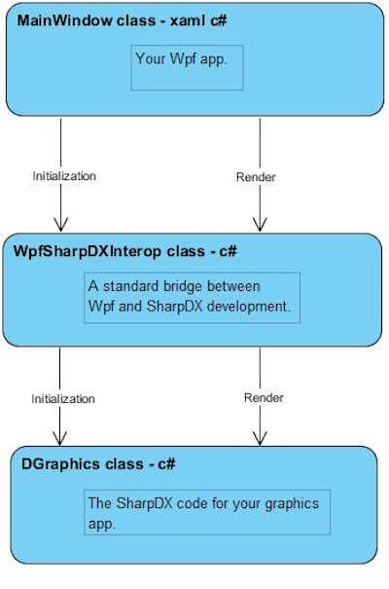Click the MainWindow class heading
(123, 20)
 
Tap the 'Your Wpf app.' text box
(187, 67)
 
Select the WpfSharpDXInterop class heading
(124, 251)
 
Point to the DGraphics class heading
(98, 464)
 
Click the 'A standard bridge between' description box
(193, 298)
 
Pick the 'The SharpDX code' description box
(207, 512)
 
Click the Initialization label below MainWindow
(64, 176)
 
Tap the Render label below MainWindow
(256, 177)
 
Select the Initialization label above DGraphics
(63, 398)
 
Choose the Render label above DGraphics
(264, 397)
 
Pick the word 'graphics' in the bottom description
(292, 503)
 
